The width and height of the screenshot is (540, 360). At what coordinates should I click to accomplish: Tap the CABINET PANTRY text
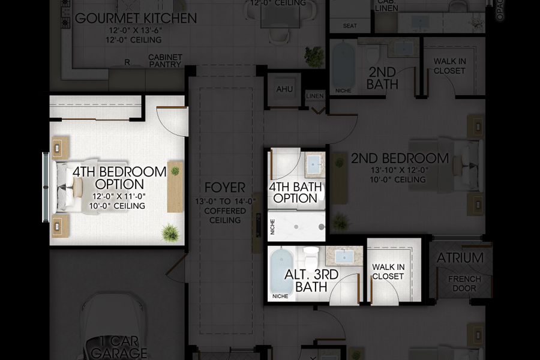pos(165,61)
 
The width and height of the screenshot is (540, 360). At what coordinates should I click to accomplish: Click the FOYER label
pos(224,187)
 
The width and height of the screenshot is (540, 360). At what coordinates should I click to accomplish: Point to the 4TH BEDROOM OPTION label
pos(119,178)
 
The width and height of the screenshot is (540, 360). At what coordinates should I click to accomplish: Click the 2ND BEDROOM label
pos(400,158)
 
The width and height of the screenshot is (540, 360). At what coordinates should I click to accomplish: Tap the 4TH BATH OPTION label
pos(296,193)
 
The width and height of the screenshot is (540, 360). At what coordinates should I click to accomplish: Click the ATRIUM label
pos(460,258)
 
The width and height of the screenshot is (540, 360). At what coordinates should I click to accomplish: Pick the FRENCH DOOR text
pos(464,284)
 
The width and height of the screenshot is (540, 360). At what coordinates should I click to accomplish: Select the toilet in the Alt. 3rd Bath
pos(311,258)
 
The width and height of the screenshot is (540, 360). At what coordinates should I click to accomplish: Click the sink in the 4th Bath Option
pos(314,162)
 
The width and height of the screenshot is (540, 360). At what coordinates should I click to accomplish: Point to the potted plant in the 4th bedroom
pos(170,232)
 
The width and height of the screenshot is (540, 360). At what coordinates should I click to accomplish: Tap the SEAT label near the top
pos(349,26)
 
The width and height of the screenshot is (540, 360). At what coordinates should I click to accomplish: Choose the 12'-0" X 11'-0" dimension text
pos(119,196)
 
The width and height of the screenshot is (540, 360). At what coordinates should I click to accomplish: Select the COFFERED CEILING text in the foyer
pos(225,215)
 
